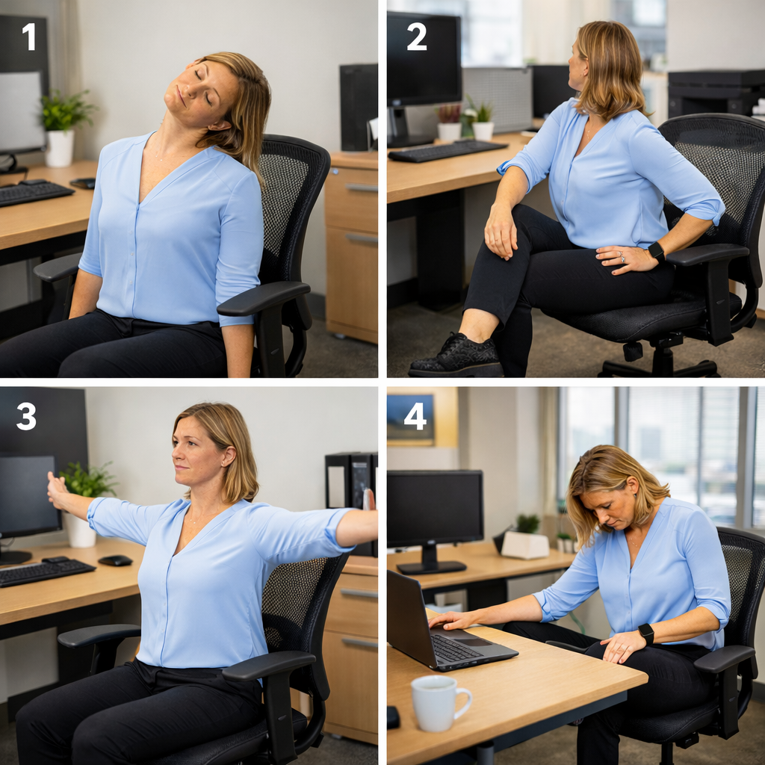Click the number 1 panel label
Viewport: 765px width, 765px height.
click(x=29, y=37)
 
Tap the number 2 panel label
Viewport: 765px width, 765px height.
click(x=416, y=37)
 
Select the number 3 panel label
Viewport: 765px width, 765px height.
click(x=26, y=416)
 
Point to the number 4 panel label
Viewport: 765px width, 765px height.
click(x=415, y=416)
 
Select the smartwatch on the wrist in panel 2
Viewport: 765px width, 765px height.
click(x=656, y=252)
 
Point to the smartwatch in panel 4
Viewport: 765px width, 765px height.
click(x=646, y=634)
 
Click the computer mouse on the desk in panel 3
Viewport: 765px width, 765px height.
click(x=115, y=560)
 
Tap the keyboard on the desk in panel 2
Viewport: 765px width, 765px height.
click(x=447, y=150)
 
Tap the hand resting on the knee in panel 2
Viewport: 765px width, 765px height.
click(x=501, y=231)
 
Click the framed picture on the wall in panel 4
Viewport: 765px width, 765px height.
click(x=411, y=419)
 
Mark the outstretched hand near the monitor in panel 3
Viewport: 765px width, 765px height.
click(x=58, y=490)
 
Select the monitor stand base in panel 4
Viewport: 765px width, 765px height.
click(x=431, y=568)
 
